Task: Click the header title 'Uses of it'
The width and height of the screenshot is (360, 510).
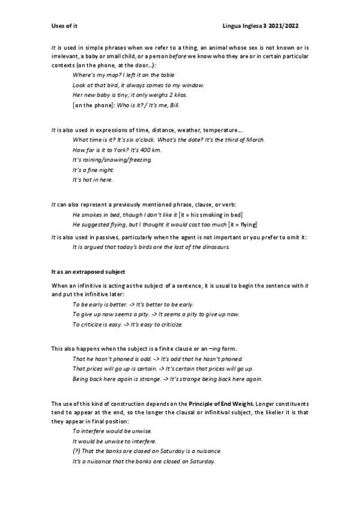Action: (x=65, y=26)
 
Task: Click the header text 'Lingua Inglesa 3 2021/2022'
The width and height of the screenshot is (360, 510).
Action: (x=261, y=26)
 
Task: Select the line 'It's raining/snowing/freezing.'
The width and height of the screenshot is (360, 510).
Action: (x=112, y=160)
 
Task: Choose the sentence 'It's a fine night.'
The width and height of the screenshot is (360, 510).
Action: (x=93, y=170)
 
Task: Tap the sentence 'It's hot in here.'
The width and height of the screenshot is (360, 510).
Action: (x=92, y=180)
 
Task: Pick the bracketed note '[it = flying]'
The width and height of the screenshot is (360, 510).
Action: (x=239, y=224)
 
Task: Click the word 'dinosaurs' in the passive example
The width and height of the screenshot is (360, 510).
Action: (x=215, y=247)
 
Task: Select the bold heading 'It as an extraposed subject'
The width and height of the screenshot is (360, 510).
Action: (x=88, y=272)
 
